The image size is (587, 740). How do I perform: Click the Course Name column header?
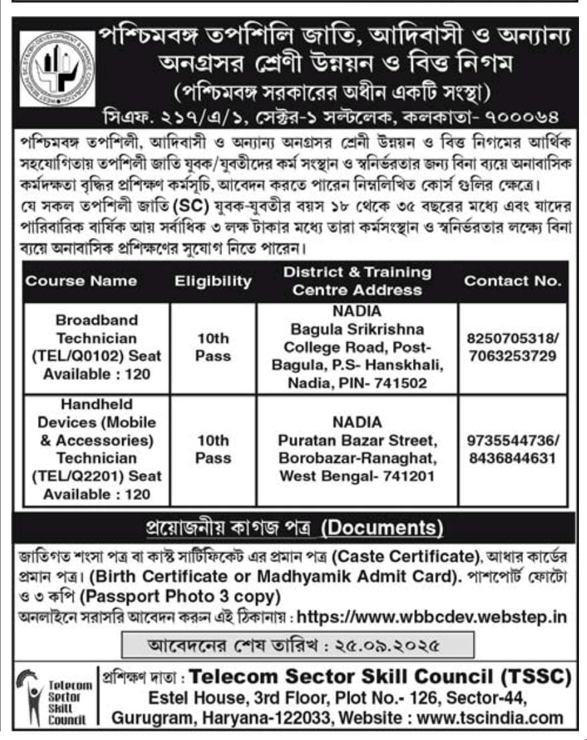pos(81,281)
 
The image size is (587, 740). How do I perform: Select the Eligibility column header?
pos(213,281)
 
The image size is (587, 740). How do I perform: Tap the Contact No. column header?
pos(513,281)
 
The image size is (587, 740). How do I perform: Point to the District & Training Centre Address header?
pos(358,281)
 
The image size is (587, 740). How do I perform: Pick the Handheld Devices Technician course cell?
pos(97,449)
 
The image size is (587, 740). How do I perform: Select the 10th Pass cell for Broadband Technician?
pos(213,347)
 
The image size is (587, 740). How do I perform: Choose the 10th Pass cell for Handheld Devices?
pos(213,449)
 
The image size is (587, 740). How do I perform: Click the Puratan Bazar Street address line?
pos(358,441)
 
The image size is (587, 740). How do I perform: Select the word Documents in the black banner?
pos(382,527)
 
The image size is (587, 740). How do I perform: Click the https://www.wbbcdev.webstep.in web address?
pos(432,617)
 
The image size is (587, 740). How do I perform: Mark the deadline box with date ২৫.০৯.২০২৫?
pos(298,645)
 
